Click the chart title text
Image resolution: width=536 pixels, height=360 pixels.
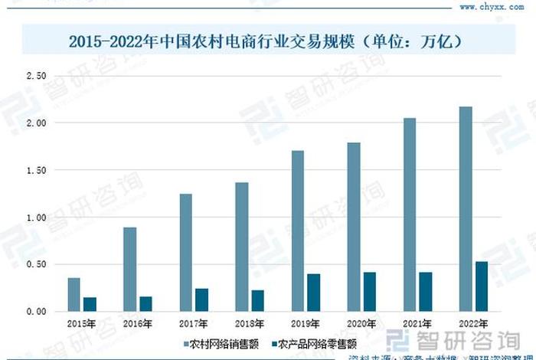click(x=268, y=40)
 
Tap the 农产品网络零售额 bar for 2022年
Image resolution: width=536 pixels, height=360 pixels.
click(x=482, y=286)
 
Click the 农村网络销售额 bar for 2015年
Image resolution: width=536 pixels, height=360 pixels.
click(x=74, y=295)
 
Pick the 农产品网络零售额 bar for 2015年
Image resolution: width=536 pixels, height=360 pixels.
click(x=90, y=304)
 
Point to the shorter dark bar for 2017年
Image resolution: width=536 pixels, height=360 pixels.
click(x=201, y=299)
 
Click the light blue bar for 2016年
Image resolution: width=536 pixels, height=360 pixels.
click(x=130, y=269)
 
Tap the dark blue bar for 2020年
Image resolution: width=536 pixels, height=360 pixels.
click(x=370, y=292)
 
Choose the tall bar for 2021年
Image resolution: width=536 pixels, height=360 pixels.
click(x=410, y=214)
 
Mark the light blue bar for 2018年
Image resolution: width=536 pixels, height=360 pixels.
click(x=242, y=247)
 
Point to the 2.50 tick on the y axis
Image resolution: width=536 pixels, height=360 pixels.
click(x=37, y=76)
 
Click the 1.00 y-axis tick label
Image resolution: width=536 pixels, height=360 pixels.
click(x=37, y=218)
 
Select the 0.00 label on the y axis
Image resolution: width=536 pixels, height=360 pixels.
click(x=37, y=312)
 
